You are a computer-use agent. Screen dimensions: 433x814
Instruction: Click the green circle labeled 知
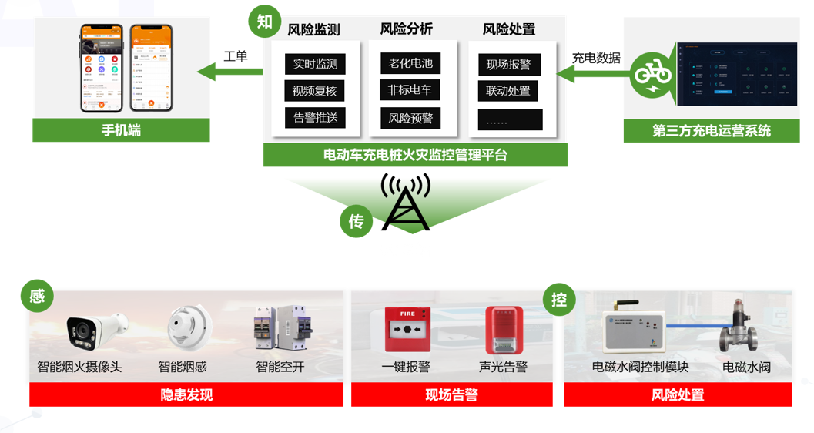(265, 22)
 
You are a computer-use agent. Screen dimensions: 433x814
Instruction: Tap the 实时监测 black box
(315, 64)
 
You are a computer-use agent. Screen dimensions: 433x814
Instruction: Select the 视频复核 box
(315, 91)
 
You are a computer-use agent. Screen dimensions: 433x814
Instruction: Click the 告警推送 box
(315, 118)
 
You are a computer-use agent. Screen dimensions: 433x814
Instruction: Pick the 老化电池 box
(410, 63)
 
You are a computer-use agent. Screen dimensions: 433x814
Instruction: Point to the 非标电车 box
(410, 90)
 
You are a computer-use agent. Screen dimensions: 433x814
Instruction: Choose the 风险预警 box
(410, 119)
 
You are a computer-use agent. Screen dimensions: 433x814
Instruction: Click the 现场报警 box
(509, 65)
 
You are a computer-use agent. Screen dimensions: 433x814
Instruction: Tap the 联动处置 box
(508, 91)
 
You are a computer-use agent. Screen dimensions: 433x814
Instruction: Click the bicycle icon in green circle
(652, 75)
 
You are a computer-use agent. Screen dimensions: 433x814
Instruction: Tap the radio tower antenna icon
(406, 203)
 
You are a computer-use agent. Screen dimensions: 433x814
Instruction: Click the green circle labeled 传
(356, 221)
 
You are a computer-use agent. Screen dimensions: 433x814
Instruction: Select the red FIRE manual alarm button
(407, 330)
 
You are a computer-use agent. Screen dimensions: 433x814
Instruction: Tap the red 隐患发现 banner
(186, 395)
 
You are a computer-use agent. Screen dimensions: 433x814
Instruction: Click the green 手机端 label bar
(121, 130)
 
